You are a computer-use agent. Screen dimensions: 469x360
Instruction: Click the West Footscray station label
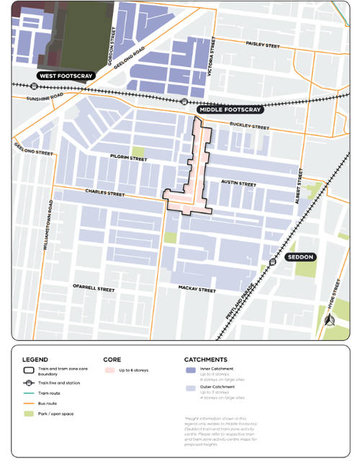66,76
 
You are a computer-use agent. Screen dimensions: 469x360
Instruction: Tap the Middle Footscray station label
228,110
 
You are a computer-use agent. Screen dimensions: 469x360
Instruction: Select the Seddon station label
300,257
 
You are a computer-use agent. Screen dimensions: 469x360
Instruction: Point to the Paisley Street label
263,45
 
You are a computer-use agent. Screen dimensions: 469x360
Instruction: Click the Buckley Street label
248,127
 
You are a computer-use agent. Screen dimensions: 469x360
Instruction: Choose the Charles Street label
105,193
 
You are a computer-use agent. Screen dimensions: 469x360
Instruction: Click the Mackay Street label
197,290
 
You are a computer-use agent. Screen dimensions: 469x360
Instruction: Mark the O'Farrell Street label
93,288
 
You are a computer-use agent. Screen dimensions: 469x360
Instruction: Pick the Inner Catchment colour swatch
190,370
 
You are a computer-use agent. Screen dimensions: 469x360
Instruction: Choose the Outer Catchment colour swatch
190,388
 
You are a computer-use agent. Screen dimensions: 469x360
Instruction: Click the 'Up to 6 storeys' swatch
109,370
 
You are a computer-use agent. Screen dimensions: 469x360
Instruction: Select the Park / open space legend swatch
28,414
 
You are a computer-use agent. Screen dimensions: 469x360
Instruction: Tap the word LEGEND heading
35,359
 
